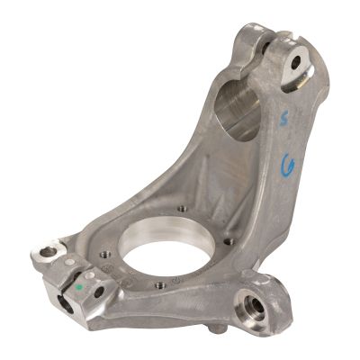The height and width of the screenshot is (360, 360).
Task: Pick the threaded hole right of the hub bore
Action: (231, 241)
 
